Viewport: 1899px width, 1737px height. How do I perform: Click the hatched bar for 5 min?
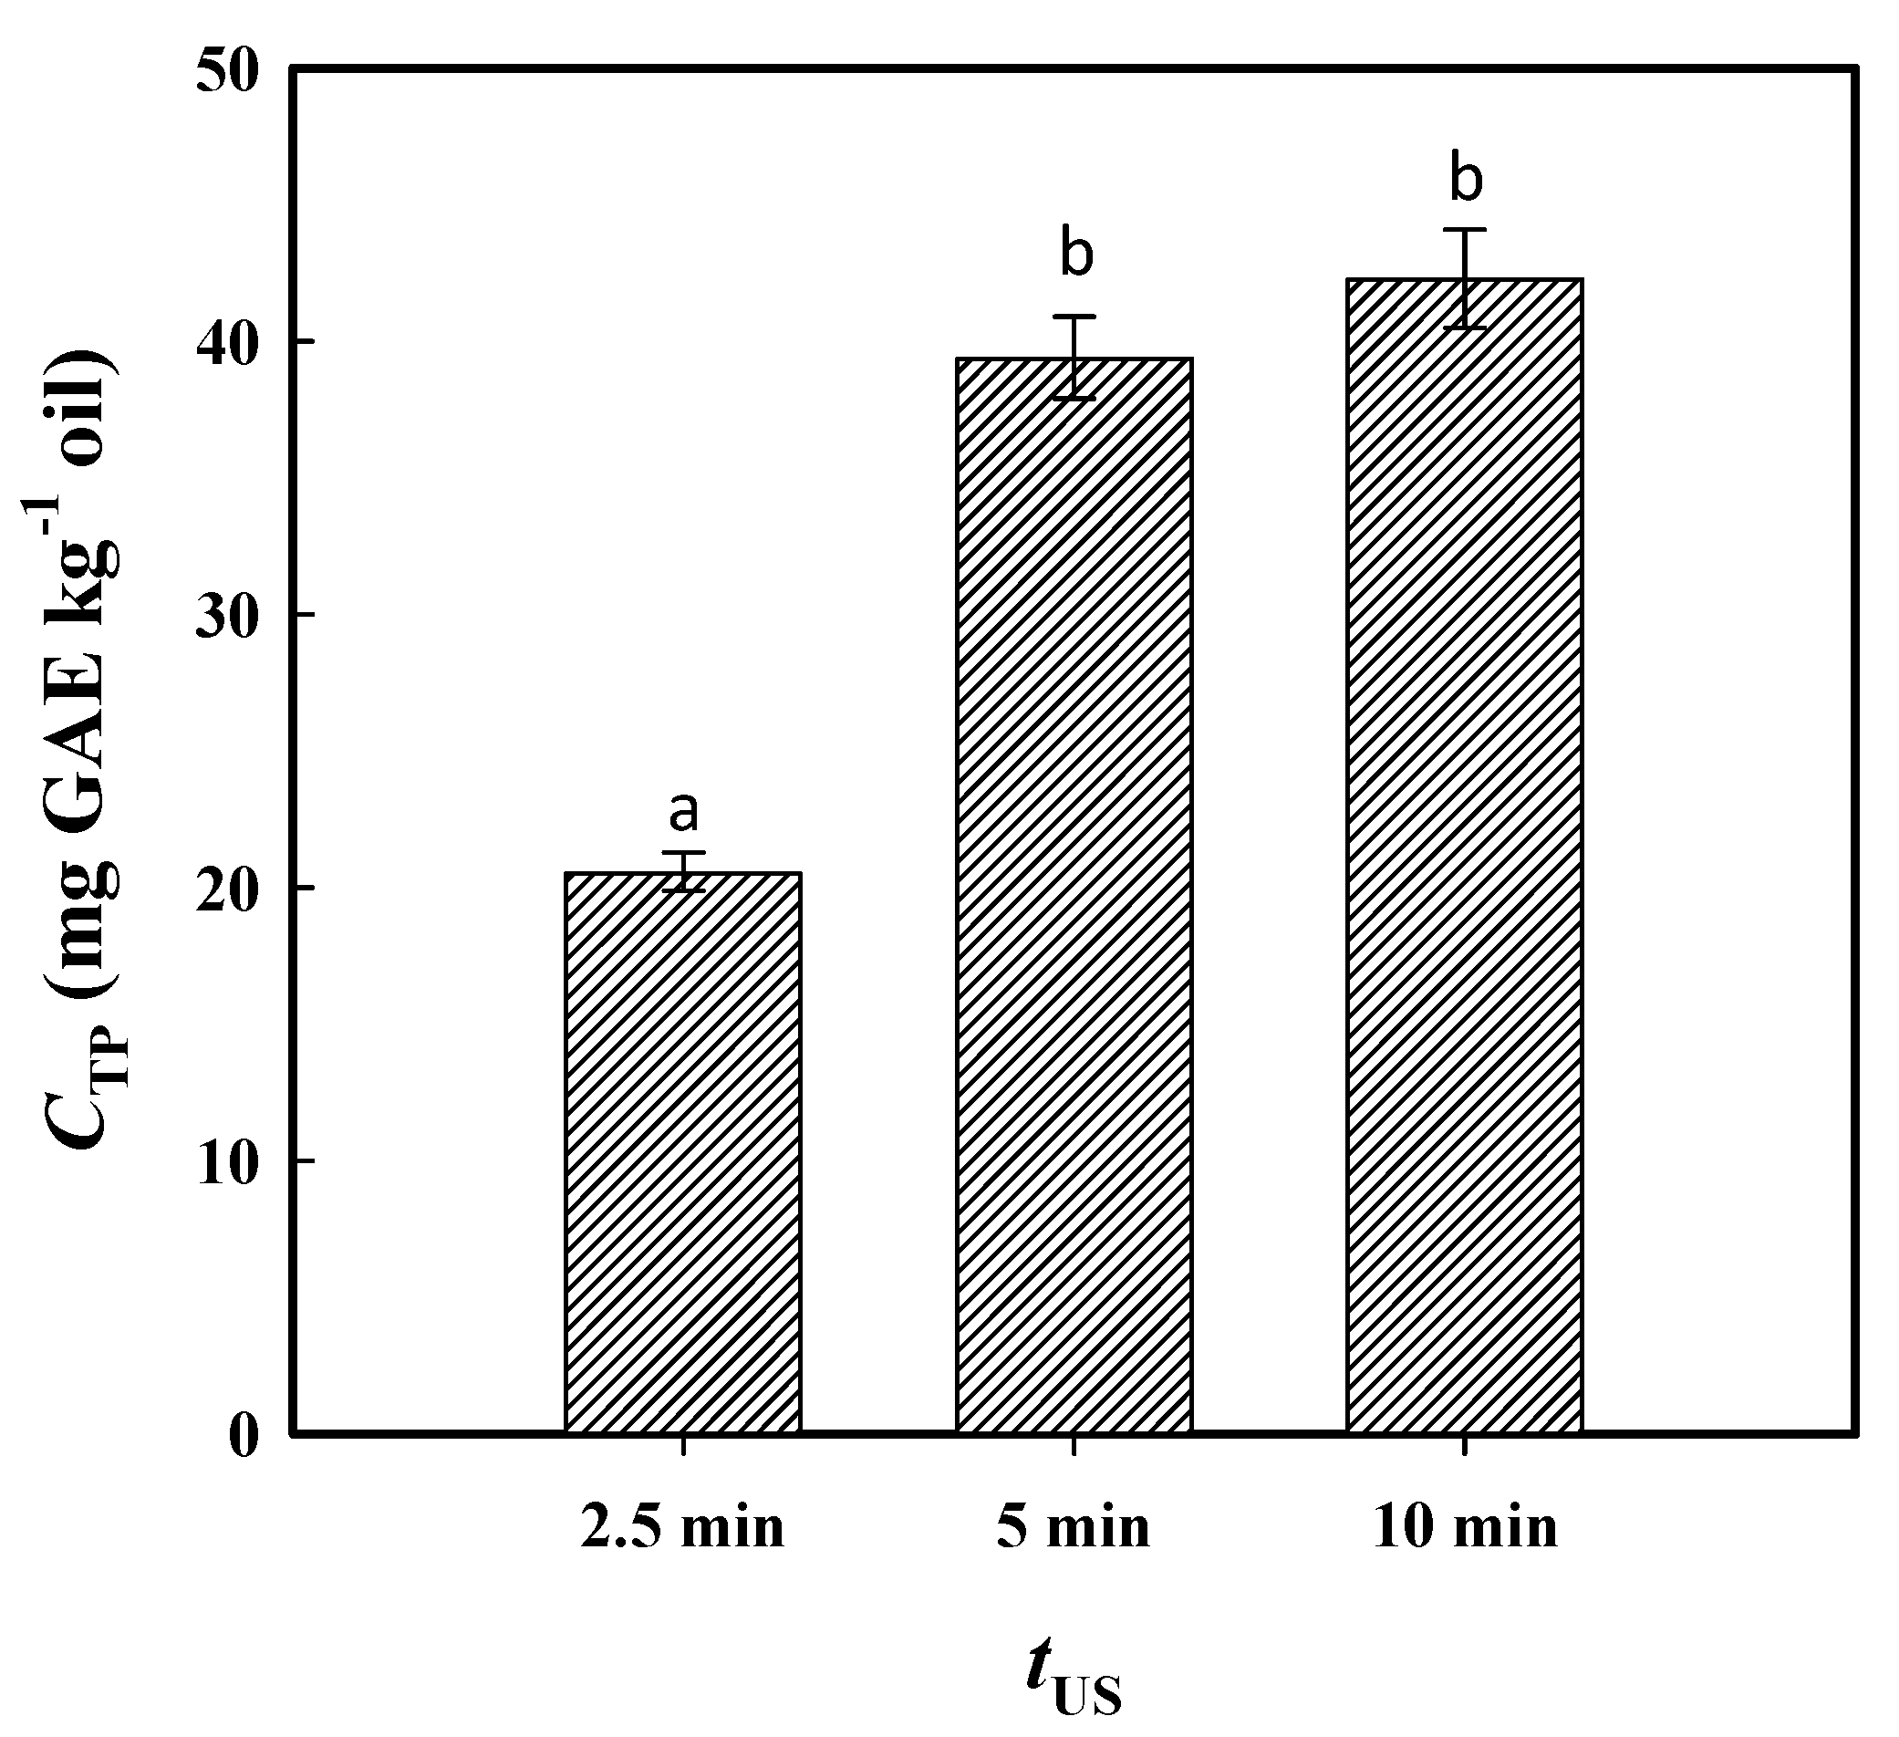[x=1074, y=895]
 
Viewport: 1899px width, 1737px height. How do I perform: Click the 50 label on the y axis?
[x=227, y=73]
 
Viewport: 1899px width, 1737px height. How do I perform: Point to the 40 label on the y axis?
[x=227, y=345]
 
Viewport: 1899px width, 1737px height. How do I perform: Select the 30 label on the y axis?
[x=227, y=618]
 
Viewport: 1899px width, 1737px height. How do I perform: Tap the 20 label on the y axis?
[x=227, y=891]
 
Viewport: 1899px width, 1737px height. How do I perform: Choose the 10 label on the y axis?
[x=227, y=1164]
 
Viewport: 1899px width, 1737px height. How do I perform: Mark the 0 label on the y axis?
[x=243, y=1438]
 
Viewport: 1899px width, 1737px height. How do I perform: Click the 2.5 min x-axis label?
[x=683, y=1528]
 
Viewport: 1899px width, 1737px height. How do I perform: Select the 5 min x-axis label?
[x=1074, y=1528]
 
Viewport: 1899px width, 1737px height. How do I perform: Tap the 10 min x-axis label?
[x=1465, y=1528]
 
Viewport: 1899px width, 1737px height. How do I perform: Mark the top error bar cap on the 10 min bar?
[x=1465, y=229]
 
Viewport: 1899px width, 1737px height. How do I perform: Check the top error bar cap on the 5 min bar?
[x=1074, y=316]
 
